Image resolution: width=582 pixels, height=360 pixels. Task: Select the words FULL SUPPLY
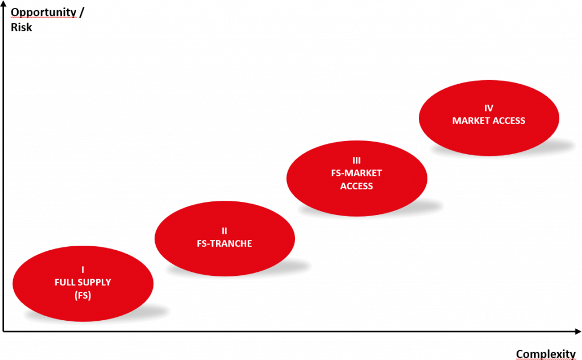[83, 282]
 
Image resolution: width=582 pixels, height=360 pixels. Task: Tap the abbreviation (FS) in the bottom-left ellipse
[83, 295]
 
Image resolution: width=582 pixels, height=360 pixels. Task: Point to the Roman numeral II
[225, 231]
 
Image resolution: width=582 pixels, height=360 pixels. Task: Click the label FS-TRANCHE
[225, 243]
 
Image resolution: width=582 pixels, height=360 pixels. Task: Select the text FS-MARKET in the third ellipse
[356, 173]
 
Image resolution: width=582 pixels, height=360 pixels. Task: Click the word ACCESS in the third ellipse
[356, 186]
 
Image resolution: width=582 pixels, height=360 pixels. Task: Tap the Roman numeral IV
[489, 108]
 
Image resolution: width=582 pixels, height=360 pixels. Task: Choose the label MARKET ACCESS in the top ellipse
[489, 121]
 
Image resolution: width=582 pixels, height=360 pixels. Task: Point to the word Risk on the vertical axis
[22, 26]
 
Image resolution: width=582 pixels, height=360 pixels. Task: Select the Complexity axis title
[546, 354]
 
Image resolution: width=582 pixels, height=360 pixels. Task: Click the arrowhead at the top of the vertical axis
[4, 4]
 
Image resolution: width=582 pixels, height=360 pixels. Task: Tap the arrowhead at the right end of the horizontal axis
[578, 332]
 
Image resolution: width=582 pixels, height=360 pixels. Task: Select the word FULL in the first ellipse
[65, 282]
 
